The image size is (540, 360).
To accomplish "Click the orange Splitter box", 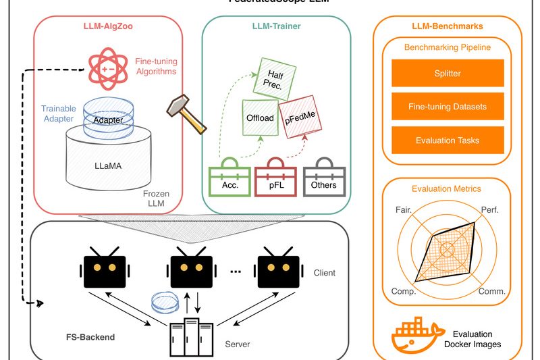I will click(x=448, y=73).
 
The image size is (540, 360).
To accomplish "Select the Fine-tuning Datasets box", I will click(x=448, y=107).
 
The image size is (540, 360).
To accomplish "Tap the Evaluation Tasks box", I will click(x=448, y=140).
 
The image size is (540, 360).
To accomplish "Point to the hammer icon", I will click(x=186, y=113).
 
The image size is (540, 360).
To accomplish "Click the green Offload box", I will click(x=259, y=118).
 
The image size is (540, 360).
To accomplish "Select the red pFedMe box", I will click(x=302, y=118).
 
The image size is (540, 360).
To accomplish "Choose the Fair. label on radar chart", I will click(x=404, y=211).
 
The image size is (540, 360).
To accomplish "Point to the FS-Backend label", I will click(x=86, y=336).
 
